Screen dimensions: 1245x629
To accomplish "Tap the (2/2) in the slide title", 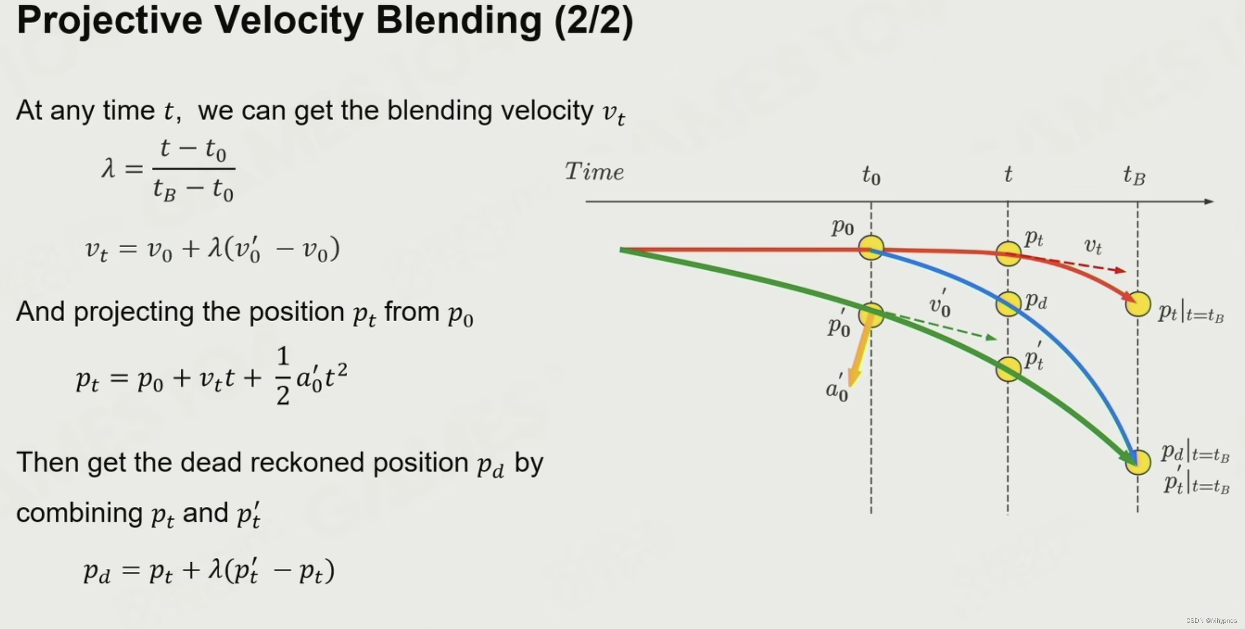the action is [x=594, y=21].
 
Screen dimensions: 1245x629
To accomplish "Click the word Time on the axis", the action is [x=594, y=171].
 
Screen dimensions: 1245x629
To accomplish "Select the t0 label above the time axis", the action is [x=871, y=176].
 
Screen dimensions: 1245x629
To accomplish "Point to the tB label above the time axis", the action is [x=1134, y=176].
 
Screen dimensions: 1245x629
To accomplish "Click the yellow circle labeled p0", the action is [x=871, y=248].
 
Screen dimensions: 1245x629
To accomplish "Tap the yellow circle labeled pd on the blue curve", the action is [x=1008, y=303].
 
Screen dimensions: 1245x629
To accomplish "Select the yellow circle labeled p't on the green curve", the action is [x=1008, y=369].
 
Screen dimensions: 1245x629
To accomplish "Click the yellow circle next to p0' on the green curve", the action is [x=871, y=315].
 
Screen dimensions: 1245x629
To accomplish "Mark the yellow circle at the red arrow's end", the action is [x=1138, y=304].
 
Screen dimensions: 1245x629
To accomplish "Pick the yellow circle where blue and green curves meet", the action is [x=1138, y=462].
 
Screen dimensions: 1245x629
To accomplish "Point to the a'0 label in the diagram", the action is [x=837, y=390].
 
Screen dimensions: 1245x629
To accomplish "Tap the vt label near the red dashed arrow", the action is [x=1093, y=246].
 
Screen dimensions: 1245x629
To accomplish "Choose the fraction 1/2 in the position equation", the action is [x=283, y=376].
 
